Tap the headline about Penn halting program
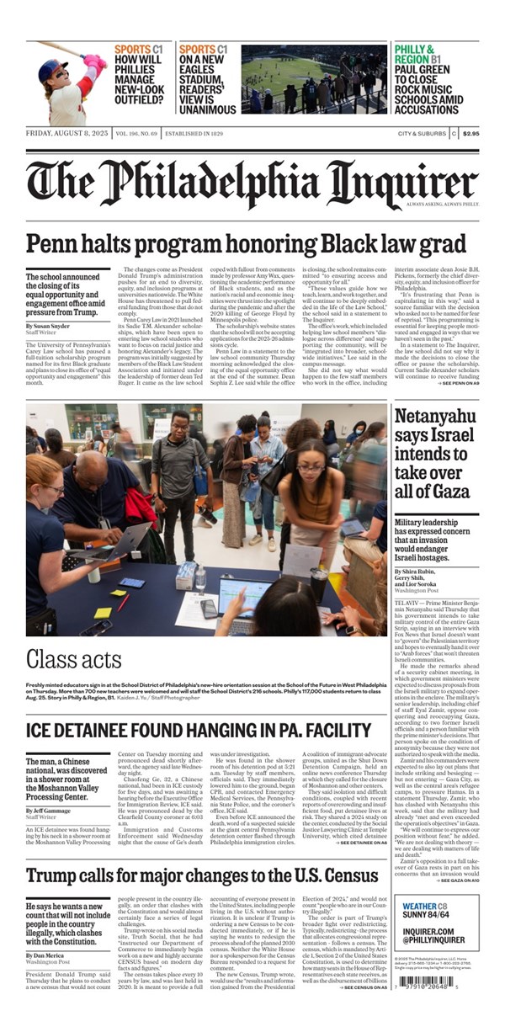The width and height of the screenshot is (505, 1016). pos(246,245)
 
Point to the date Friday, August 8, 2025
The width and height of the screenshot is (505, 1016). pos(64,133)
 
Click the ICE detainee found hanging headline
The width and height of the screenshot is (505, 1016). pos(199,730)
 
